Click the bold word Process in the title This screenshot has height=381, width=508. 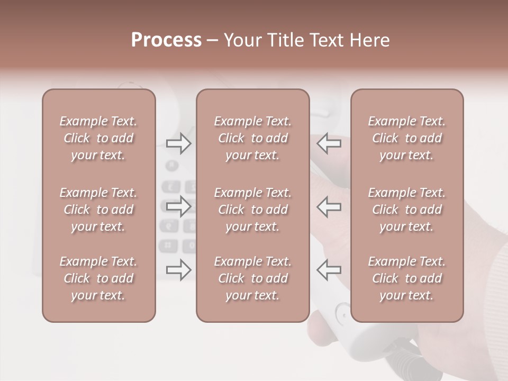166,40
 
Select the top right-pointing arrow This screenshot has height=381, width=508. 179,143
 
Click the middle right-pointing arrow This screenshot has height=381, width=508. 179,206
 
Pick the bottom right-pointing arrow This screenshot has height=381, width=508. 179,270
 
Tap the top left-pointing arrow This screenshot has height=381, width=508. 329,143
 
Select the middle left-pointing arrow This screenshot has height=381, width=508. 329,206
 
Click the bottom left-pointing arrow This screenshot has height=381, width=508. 329,270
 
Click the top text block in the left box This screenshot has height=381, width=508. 98,138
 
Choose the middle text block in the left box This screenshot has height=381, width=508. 98,210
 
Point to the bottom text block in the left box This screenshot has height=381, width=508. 98,278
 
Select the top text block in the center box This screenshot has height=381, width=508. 252,138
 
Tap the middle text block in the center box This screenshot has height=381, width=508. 252,210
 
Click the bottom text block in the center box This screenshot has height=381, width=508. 252,278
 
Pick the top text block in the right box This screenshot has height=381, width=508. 406,138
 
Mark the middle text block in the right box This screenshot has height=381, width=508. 406,210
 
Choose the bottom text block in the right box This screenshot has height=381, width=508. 406,278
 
